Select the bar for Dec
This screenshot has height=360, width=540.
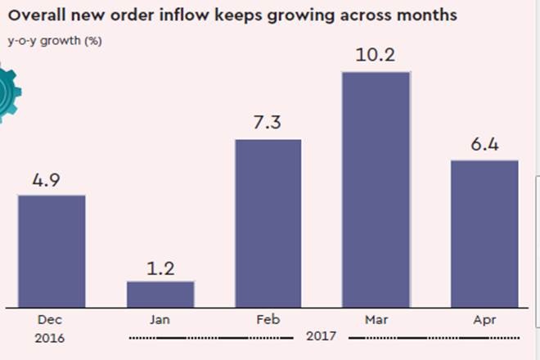(52, 250)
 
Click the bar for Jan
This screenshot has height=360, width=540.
(160, 294)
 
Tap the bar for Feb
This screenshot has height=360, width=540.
(268, 223)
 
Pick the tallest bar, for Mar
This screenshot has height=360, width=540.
(376, 189)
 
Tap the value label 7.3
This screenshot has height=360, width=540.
(268, 124)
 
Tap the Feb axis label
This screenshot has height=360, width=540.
(268, 321)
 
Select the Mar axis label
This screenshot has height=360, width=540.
(376, 321)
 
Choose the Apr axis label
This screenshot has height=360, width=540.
(484, 321)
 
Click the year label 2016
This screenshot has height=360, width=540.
(49, 337)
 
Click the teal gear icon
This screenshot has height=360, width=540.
(8, 94)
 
